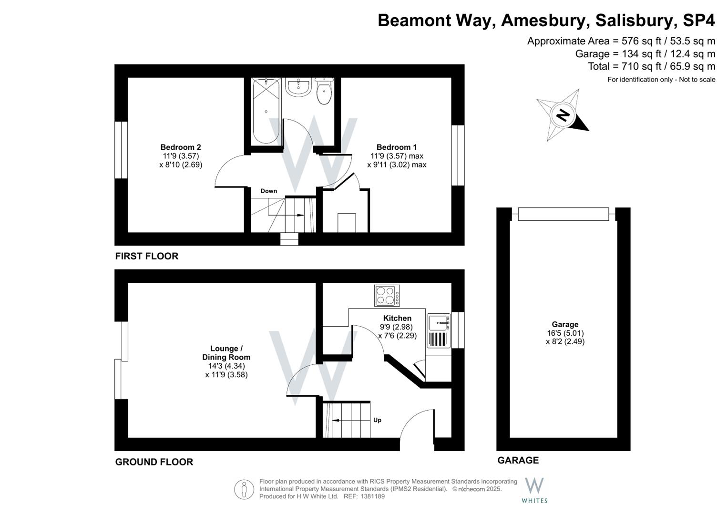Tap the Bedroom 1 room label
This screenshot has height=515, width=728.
click(x=397, y=147)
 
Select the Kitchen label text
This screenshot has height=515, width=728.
click(x=397, y=318)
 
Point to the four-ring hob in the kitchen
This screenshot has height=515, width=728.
click(x=387, y=295)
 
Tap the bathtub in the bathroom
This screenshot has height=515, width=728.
click(x=266, y=111)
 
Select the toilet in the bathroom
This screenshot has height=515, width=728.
click(x=324, y=92)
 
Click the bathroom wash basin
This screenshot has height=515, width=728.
click(x=298, y=87)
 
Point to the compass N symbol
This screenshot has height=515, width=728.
click(x=563, y=115)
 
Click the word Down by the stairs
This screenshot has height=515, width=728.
click(x=268, y=191)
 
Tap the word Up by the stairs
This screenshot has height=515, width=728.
click(x=377, y=420)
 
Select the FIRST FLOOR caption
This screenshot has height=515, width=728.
click(x=147, y=256)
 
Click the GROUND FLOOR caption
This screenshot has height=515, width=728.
click(x=154, y=462)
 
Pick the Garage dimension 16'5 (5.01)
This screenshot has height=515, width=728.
click(x=565, y=333)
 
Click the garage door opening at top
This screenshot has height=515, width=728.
click(x=563, y=214)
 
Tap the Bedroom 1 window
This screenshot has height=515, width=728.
click(x=458, y=155)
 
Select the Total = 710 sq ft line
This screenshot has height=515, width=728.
click(x=651, y=66)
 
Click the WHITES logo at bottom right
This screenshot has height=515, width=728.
click(x=534, y=490)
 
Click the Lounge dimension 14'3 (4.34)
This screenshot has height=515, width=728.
click(x=226, y=366)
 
